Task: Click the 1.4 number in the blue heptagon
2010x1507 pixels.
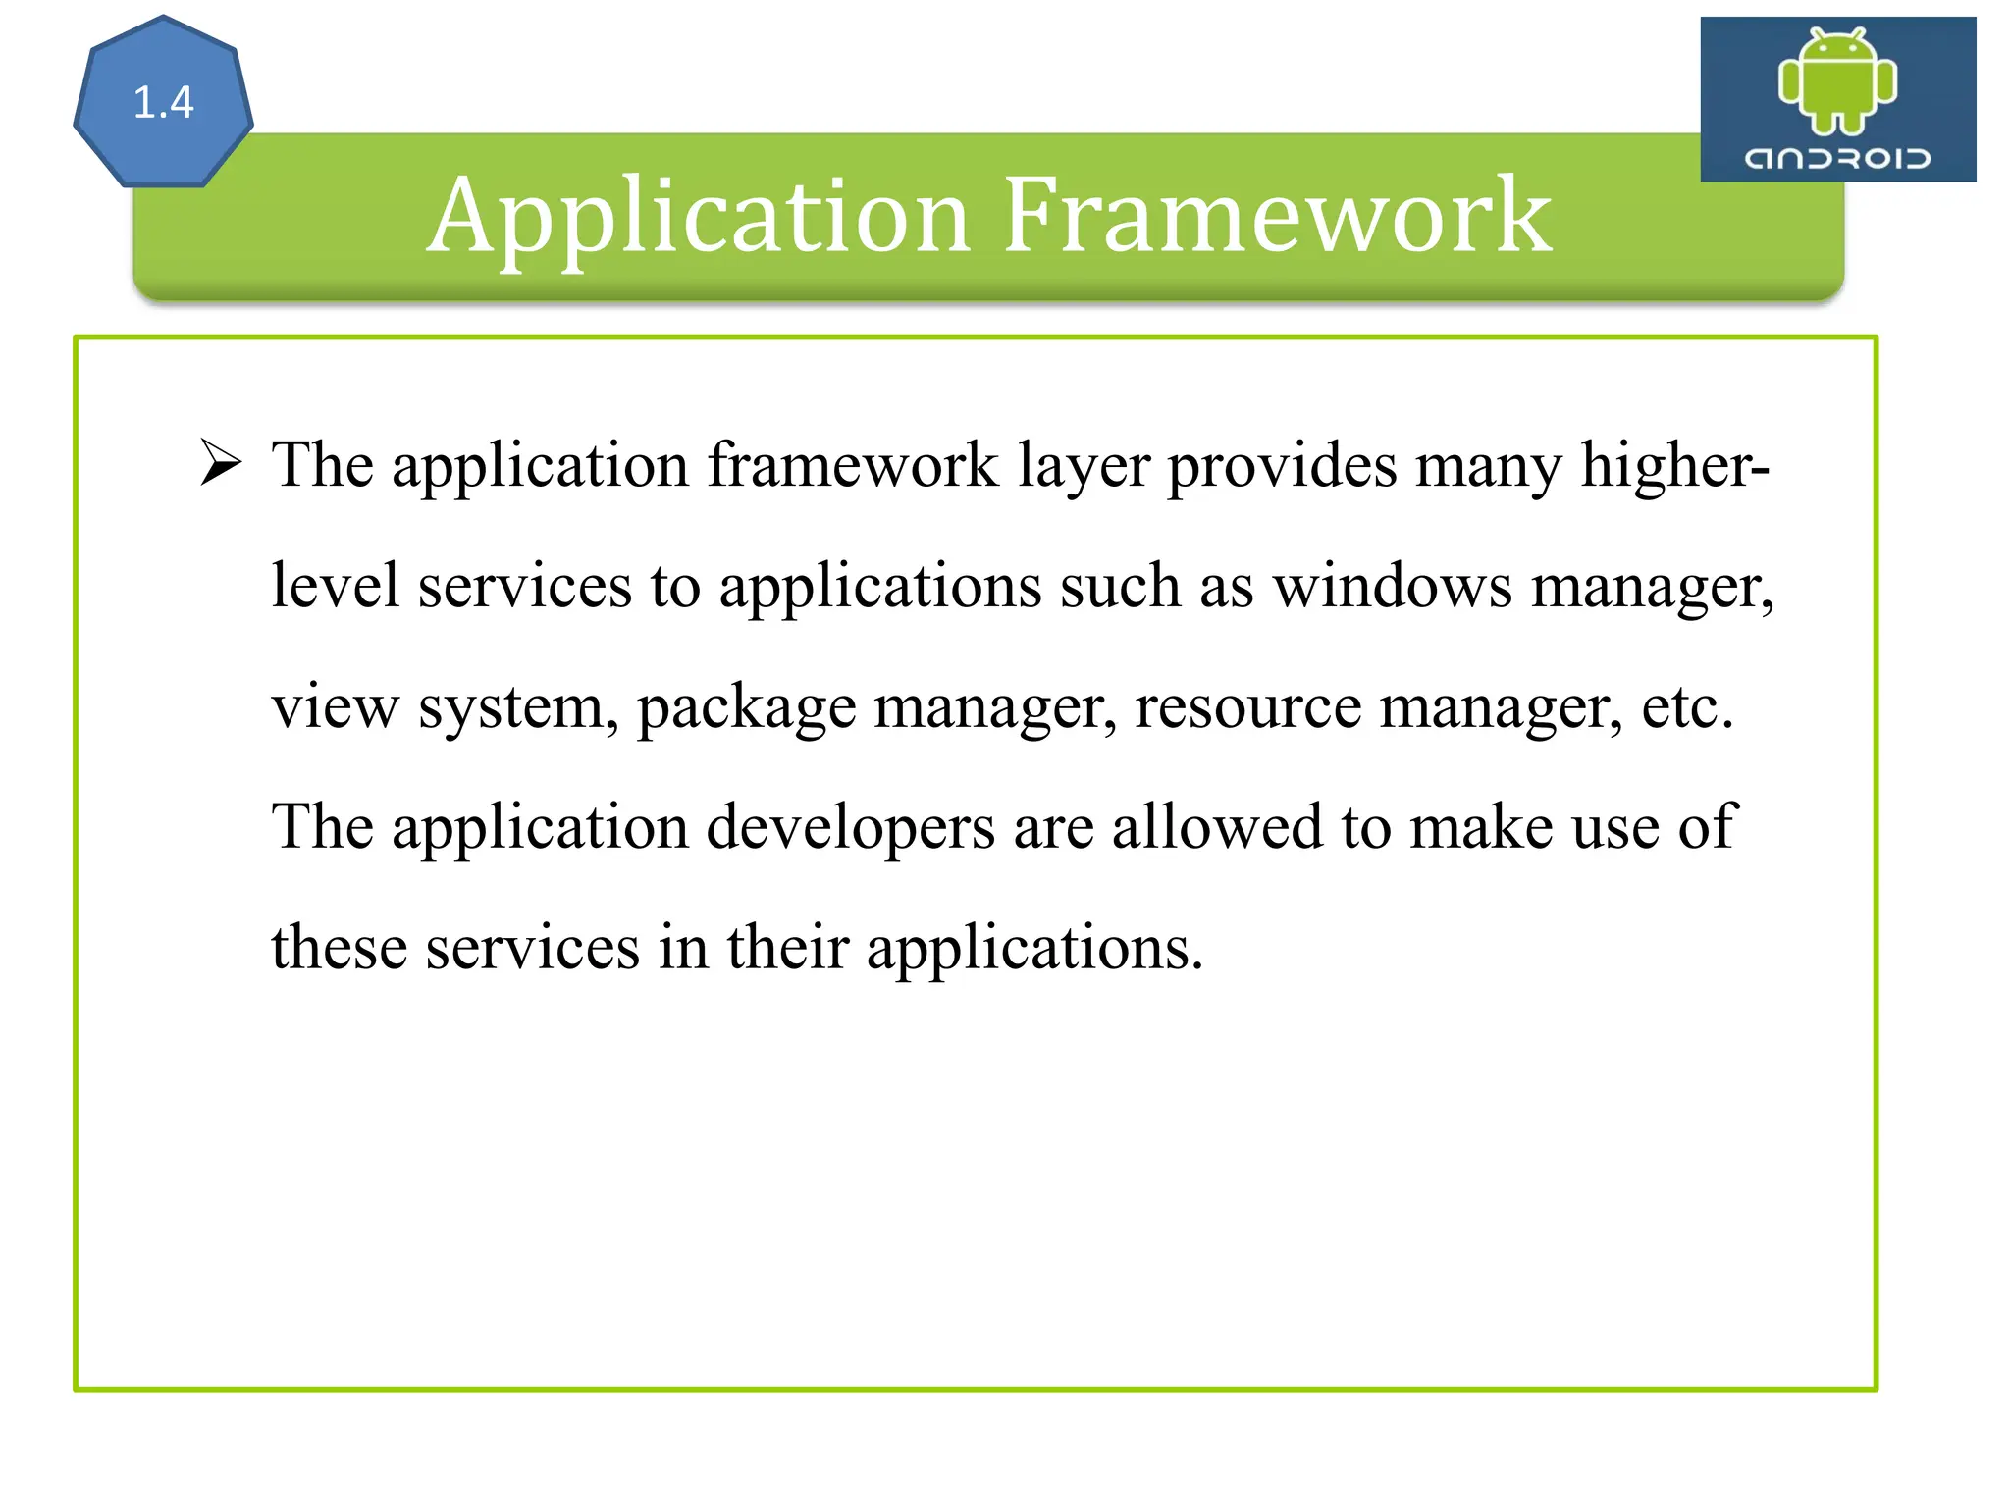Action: click(x=163, y=102)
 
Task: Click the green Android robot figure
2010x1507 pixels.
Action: click(x=1837, y=80)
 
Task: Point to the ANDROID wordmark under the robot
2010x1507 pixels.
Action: click(x=1837, y=158)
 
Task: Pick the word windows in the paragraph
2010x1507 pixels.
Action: click(x=1393, y=587)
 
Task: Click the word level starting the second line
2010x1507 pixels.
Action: click(x=335, y=586)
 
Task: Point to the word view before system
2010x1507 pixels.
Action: click(x=335, y=707)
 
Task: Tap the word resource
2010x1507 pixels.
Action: click(x=1247, y=707)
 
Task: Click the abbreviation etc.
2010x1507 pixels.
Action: click(x=1687, y=707)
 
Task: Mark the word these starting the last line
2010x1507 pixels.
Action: click(x=339, y=949)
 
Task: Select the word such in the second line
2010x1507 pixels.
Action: click(x=1120, y=587)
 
